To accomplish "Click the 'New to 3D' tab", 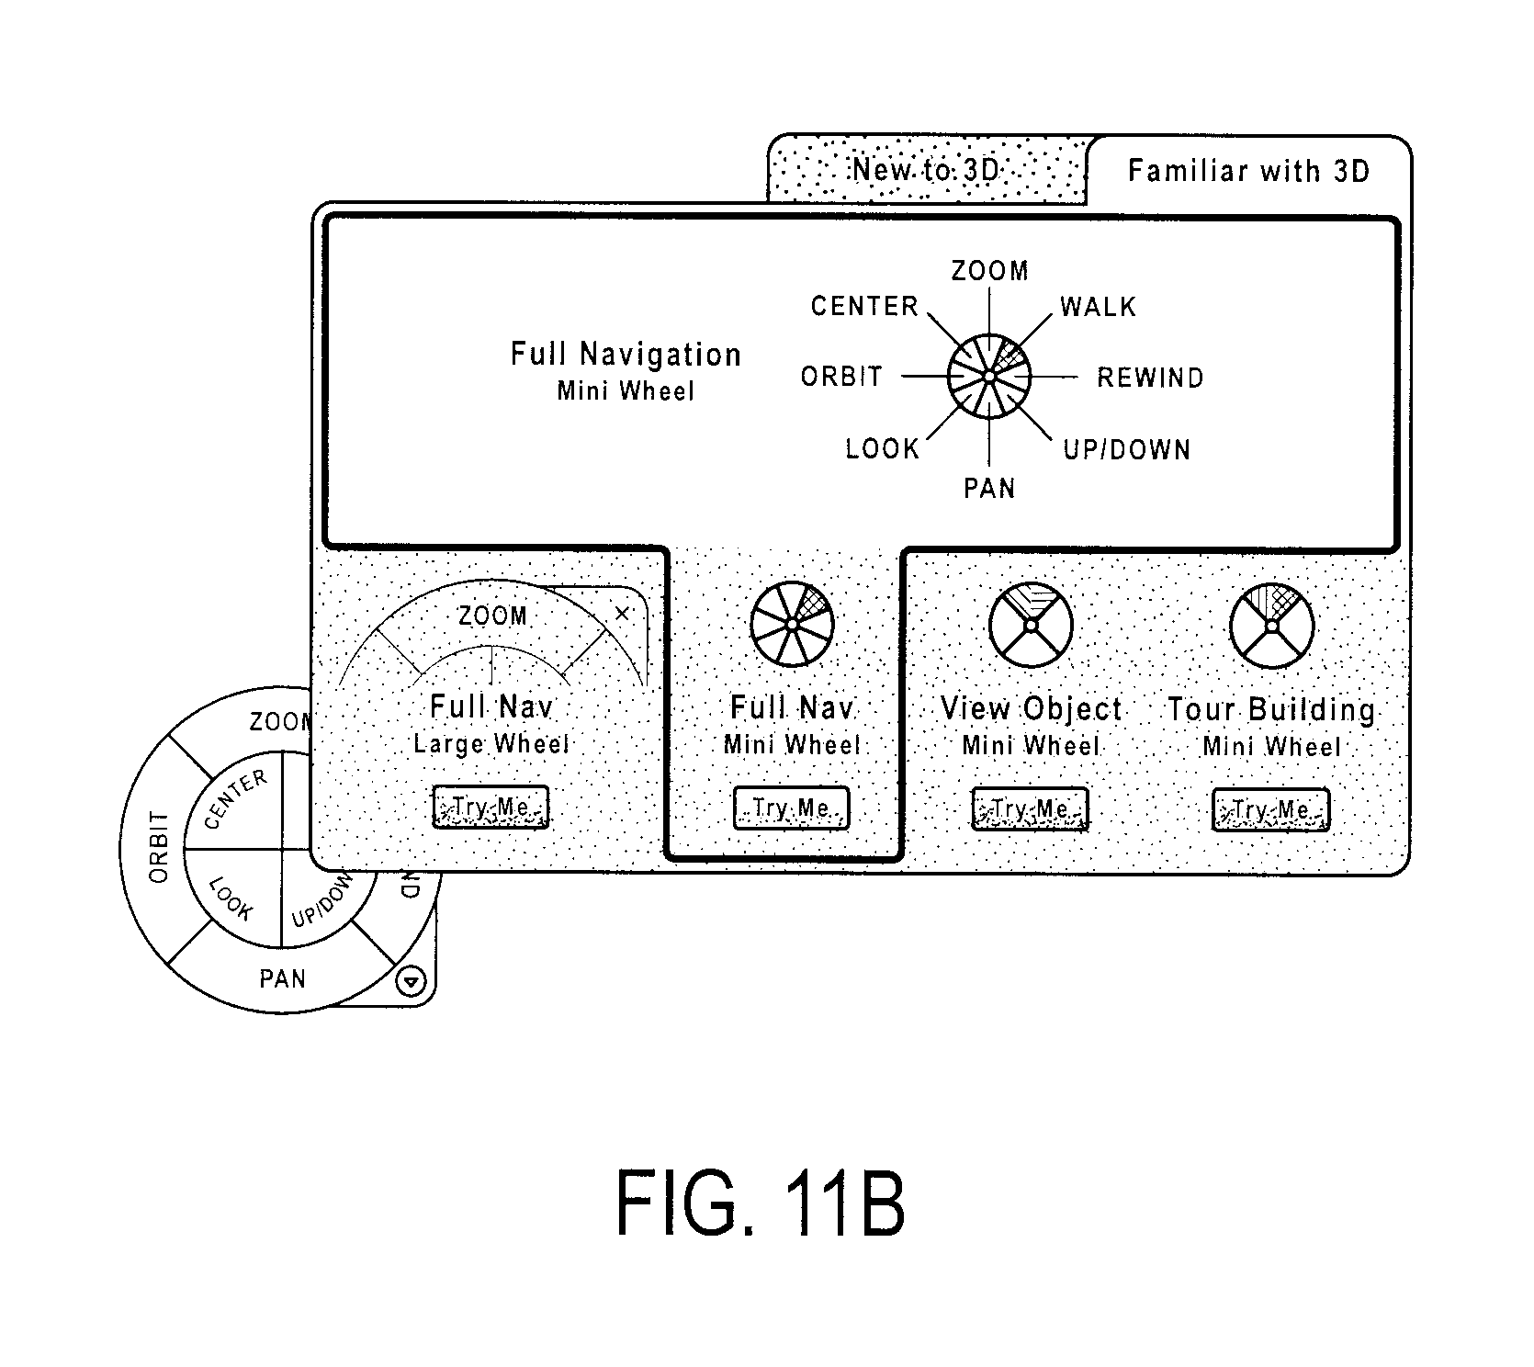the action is pyautogui.click(x=926, y=170).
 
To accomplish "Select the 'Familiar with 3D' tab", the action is pyautogui.click(x=1248, y=171).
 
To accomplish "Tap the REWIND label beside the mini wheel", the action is pyautogui.click(x=1150, y=378).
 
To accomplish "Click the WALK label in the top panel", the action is pyautogui.click(x=1099, y=306).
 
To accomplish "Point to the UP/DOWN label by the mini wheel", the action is pyautogui.click(x=1127, y=449).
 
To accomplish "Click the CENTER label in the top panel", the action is pyautogui.click(x=864, y=306).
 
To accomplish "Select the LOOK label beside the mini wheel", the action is pyautogui.click(x=883, y=449).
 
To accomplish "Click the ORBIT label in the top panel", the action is pyautogui.click(x=841, y=377).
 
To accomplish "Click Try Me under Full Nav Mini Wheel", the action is pyautogui.click(x=791, y=808).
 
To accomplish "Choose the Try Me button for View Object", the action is pyautogui.click(x=1030, y=809).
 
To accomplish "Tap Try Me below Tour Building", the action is pyautogui.click(x=1270, y=809).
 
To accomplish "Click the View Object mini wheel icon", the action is pyautogui.click(x=1031, y=626).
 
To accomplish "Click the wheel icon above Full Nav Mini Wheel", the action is pyautogui.click(x=792, y=625).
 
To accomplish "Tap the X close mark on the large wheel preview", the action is pyautogui.click(x=622, y=613).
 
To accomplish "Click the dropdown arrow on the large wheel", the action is pyautogui.click(x=411, y=982).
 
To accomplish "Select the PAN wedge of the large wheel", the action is pyautogui.click(x=282, y=979).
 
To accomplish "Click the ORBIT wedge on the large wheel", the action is pyautogui.click(x=158, y=846).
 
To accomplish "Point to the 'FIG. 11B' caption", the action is pyautogui.click(x=761, y=1204).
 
